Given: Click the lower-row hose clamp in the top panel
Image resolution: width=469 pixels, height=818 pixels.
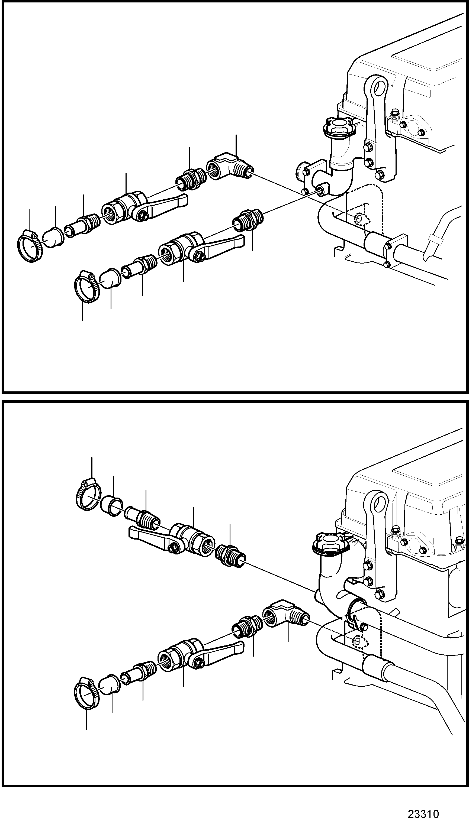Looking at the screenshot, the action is coord(87,286).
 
